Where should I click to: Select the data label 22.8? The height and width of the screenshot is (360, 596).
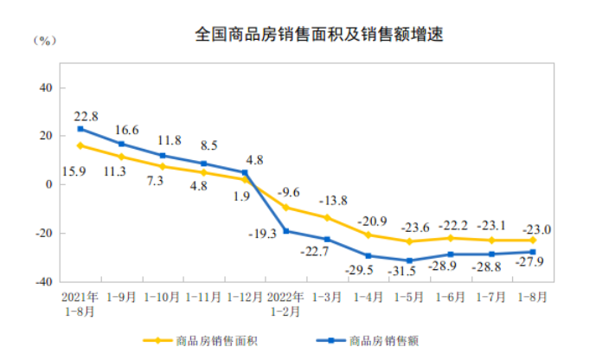[85, 116]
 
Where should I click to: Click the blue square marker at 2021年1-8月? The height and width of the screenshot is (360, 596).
[80, 129]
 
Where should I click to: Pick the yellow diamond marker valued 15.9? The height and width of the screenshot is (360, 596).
[80, 145]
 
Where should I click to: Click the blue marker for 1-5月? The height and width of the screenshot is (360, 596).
[409, 260]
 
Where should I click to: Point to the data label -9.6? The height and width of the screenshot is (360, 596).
[287, 192]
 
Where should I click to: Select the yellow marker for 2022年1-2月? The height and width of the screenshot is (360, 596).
[286, 208]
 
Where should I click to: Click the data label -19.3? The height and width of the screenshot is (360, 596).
[260, 233]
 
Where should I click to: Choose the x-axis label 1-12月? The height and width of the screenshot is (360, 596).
[245, 296]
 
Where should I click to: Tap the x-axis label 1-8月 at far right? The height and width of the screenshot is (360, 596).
[532, 296]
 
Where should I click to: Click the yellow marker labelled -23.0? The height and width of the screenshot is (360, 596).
[533, 241]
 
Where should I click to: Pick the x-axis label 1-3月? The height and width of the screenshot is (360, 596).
[327, 296]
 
